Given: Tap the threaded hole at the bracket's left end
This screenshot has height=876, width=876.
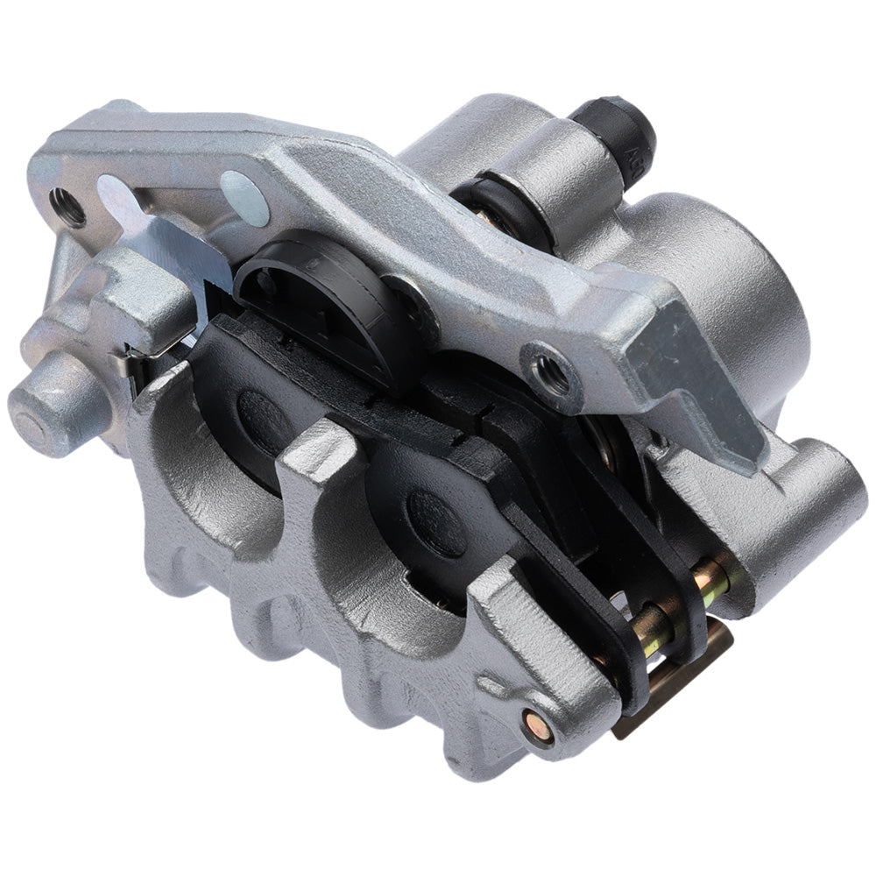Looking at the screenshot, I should pyautogui.click(x=67, y=207).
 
